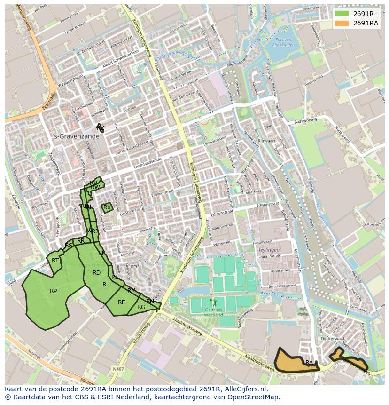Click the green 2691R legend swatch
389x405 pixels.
(342, 13)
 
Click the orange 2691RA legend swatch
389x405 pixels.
(342, 23)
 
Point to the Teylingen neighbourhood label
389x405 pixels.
(269, 250)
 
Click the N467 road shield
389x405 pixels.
(118, 369)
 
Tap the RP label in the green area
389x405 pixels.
(54, 291)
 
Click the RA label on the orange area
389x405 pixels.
(309, 362)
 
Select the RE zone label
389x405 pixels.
(122, 302)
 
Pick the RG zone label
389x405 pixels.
(141, 307)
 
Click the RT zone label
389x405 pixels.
(55, 261)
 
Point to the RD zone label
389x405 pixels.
(96, 273)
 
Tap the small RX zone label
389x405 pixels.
(107, 207)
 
